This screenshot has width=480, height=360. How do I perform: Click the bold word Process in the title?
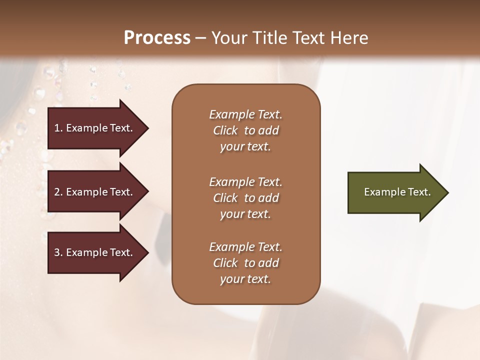[x=157, y=37]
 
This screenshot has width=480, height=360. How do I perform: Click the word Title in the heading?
[x=270, y=37]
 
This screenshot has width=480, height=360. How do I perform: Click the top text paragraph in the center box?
[x=245, y=130]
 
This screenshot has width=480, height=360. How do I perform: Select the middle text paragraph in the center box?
[x=245, y=198]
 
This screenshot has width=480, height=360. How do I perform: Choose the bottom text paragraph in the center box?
[x=245, y=263]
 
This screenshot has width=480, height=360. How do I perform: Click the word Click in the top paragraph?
[x=225, y=130]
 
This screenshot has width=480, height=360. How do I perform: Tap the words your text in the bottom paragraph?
[x=245, y=279]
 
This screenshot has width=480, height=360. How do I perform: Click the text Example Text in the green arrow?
[x=397, y=192]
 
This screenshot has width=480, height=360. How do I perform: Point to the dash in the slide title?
[x=200, y=38]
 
